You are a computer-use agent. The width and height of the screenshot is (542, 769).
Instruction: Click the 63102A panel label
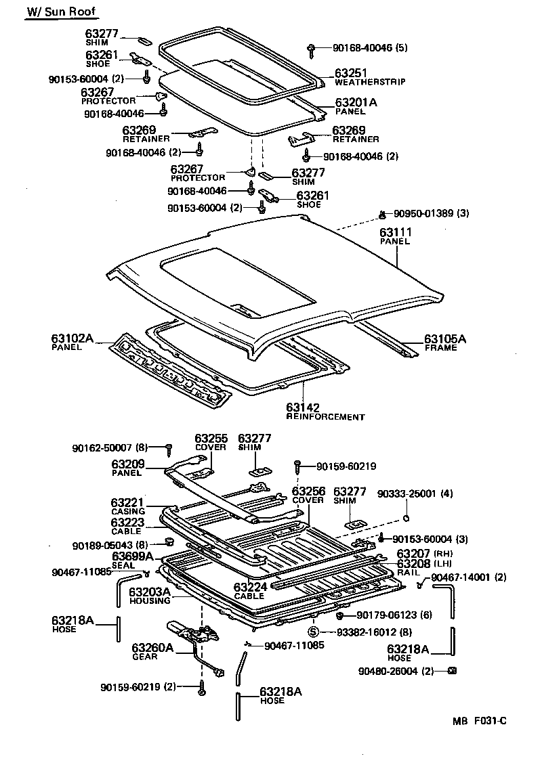pyautogui.click(x=72, y=338)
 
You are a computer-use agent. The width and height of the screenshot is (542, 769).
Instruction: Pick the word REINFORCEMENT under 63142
pyautogui.click(x=325, y=417)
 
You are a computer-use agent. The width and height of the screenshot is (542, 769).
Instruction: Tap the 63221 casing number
pyautogui.click(x=127, y=503)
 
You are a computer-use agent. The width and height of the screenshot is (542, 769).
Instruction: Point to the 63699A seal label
pyautogui.click(x=133, y=557)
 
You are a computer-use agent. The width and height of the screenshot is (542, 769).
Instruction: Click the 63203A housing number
pyautogui.click(x=150, y=592)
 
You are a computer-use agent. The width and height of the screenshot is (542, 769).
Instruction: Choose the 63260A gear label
pyautogui.click(x=152, y=647)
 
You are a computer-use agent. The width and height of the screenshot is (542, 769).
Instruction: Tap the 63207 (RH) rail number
pyautogui.click(x=413, y=554)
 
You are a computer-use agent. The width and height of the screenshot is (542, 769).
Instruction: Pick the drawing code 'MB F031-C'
pyautogui.click(x=480, y=721)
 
